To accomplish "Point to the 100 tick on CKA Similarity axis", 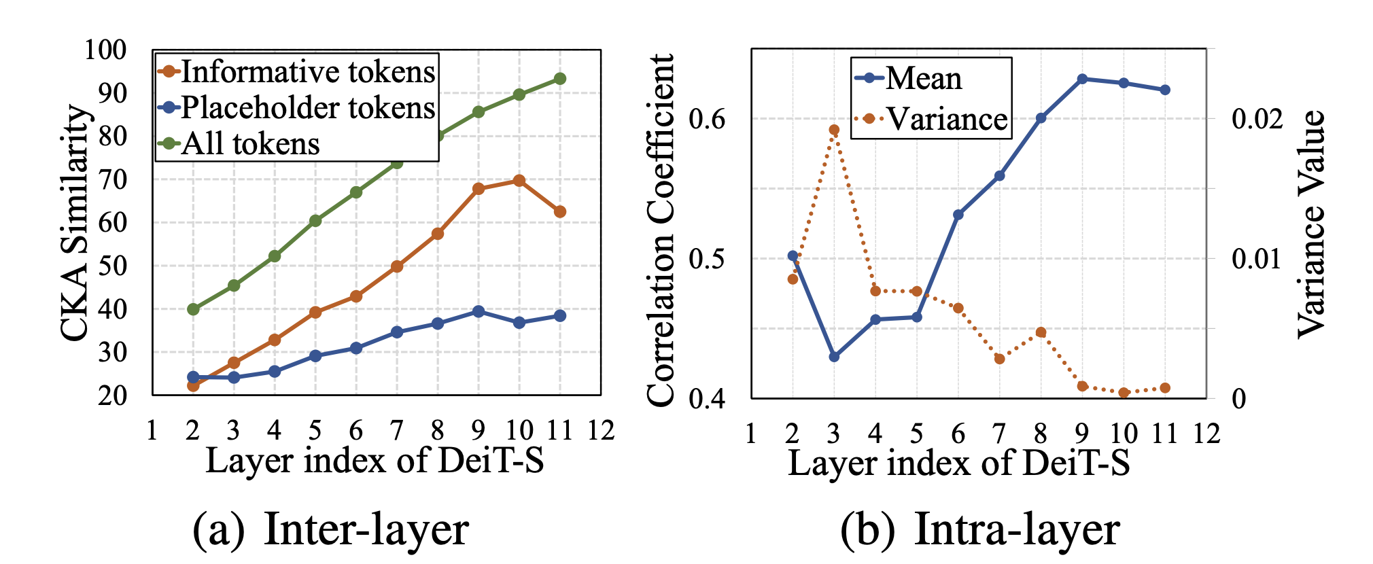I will click(x=105, y=50).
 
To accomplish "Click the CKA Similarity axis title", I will click(x=74, y=222).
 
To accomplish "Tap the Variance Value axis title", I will click(x=1311, y=224).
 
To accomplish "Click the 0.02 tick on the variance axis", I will click(x=1257, y=119).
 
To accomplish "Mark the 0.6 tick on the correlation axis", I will click(x=707, y=119).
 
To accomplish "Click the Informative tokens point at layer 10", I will click(x=519, y=181).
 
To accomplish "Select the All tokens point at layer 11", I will click(x=560, y=79).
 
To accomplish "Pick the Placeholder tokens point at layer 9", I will click(x=479, y=311).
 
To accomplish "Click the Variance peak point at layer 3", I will click(x=834, y=130).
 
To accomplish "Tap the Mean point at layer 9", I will click(x=1082, y=79).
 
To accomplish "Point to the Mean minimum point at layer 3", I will click(x=834, y=356).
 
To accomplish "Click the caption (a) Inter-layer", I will click(x=331, y=529).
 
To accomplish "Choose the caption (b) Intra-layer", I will click(x=979, y=529).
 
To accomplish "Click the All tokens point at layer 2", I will click(x=193, y=309).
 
